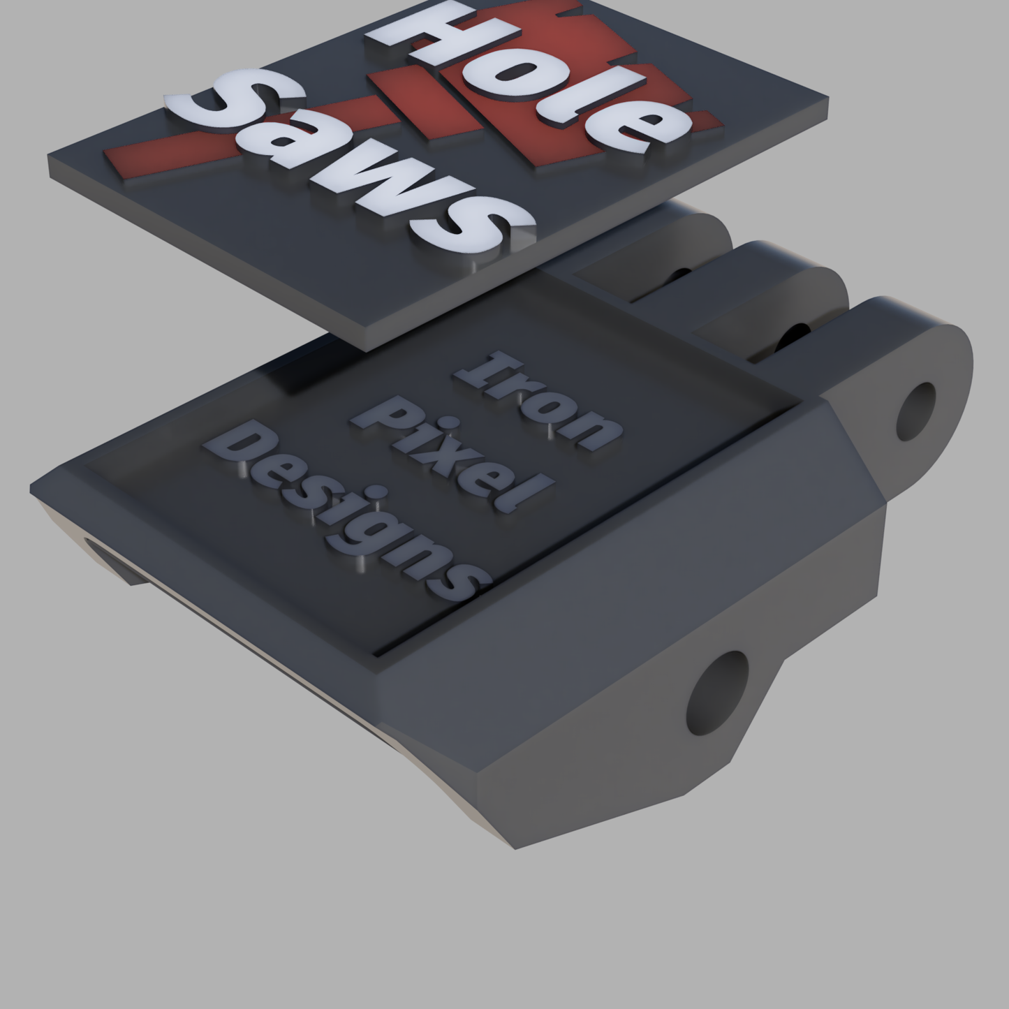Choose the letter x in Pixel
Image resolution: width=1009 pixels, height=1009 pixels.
coord(447,457)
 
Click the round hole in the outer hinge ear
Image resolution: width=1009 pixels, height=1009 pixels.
coord(916,411)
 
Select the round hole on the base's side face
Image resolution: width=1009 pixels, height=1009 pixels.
coord(718,690)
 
